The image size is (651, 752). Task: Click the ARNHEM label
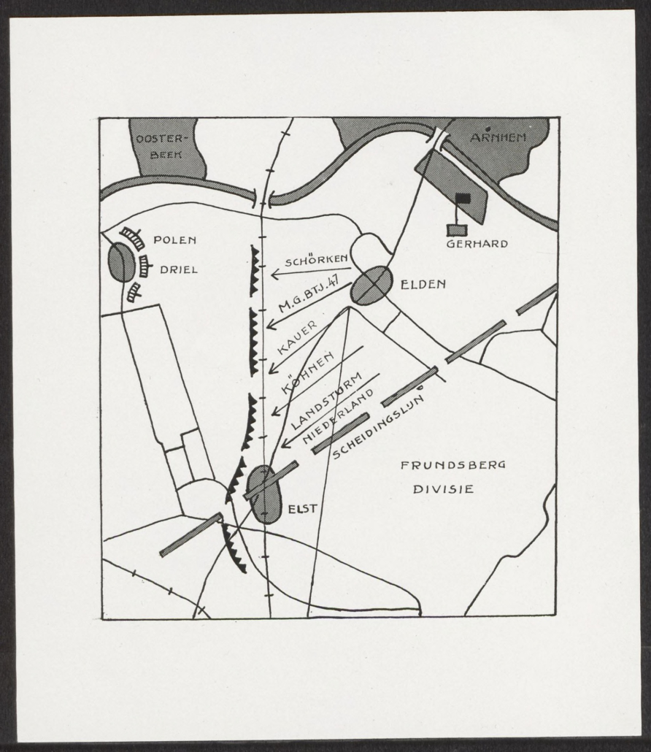[498, 138]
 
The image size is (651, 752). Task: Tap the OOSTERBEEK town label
[160, 146]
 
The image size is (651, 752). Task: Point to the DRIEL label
[178, 269]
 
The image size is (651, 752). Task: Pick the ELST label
[302, 509]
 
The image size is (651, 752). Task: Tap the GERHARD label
[477, 244]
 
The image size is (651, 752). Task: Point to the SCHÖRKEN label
[317, 261]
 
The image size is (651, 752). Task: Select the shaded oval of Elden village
[371, 285]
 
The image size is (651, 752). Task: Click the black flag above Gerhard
[463, 196]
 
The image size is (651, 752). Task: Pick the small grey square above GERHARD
[458, 230]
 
